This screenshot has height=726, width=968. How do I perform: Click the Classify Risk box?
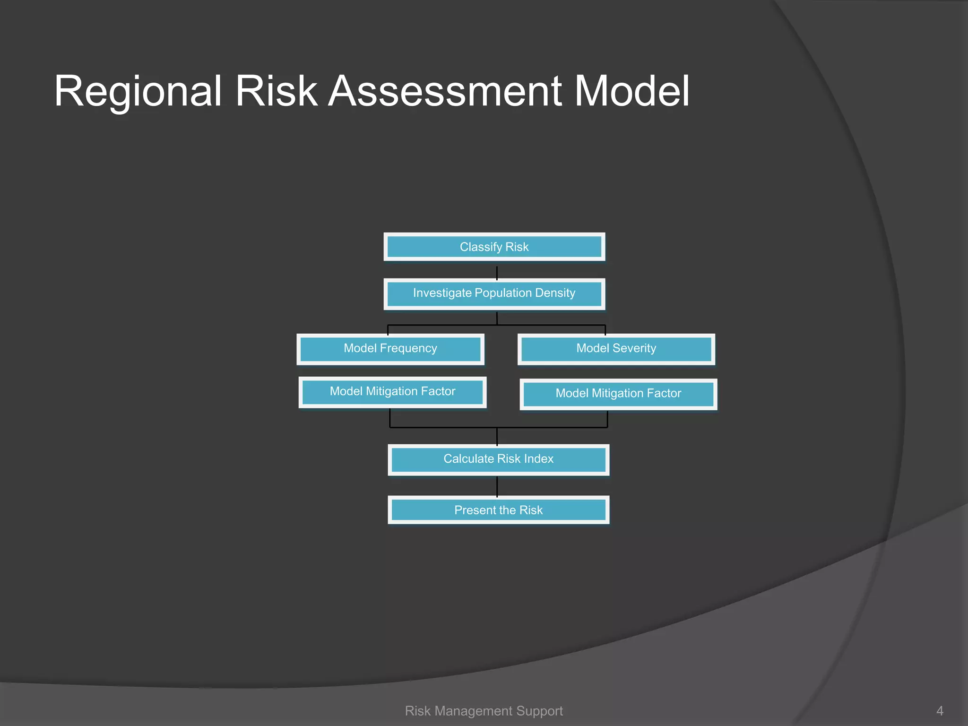[494, 247]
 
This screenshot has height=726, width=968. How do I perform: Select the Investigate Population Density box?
[494, 294]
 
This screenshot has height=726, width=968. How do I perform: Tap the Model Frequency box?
[390, 349]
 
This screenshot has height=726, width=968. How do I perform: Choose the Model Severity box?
[616, 349]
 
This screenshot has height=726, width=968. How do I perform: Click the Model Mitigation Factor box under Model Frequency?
[392, 392]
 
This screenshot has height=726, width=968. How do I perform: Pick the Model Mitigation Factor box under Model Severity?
[618, 394]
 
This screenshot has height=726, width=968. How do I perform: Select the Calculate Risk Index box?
[498, 459]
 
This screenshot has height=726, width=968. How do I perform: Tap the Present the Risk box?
[498, 510]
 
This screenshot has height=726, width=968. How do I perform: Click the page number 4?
[940, 711]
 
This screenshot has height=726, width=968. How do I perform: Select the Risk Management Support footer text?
[484, 711]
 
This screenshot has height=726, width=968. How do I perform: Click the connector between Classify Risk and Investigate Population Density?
[497, 273]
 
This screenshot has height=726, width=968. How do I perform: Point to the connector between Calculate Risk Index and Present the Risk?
[497, 486]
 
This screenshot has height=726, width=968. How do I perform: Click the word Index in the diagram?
[538, 458]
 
